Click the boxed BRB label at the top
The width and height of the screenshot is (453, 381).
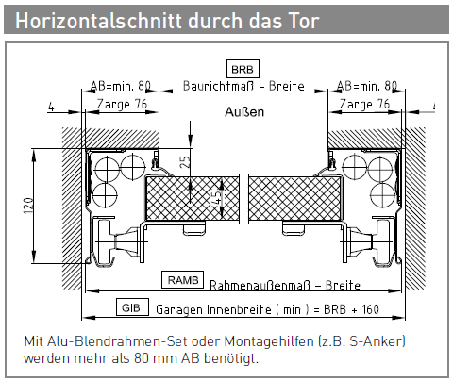243,69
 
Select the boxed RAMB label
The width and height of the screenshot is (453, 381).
182,279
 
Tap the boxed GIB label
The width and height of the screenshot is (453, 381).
132,306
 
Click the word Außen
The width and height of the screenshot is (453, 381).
244,112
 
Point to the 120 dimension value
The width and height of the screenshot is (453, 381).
28,206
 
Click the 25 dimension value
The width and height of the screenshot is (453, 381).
186,161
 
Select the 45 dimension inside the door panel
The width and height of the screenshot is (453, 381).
217,198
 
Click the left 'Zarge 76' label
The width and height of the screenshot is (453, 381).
122,105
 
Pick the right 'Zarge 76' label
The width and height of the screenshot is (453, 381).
364,104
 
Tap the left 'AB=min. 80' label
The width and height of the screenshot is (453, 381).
121,86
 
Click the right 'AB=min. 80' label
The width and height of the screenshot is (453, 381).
367,86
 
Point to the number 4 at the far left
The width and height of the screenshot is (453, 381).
51,108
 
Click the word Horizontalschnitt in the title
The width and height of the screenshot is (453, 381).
98,21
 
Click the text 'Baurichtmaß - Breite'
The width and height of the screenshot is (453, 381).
243,86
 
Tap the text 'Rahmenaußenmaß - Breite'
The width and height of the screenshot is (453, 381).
285,285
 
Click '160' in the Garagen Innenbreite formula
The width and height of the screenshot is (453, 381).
370,309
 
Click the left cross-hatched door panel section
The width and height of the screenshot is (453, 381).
192,199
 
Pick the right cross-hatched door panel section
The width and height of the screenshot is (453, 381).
294,199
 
